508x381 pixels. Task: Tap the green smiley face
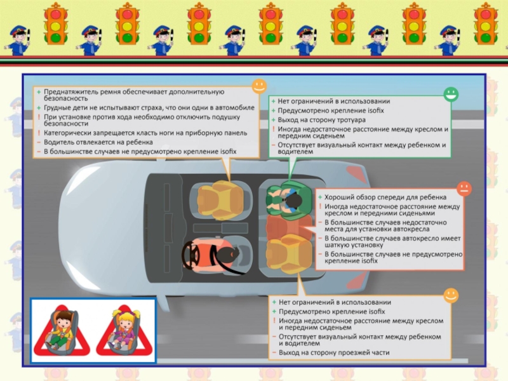pos(451,94)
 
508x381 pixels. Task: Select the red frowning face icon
pos(464,189)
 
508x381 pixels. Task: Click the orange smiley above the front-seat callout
pos(259,86)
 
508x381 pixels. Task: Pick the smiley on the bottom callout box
pos(451,295)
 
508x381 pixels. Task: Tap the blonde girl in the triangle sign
pos(124,330)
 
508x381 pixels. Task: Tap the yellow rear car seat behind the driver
pos(288,253)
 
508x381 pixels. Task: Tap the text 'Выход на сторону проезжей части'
pos(334,352)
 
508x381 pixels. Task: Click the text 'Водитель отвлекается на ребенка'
pos(98,142)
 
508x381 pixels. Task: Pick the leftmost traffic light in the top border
pos(55,23)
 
